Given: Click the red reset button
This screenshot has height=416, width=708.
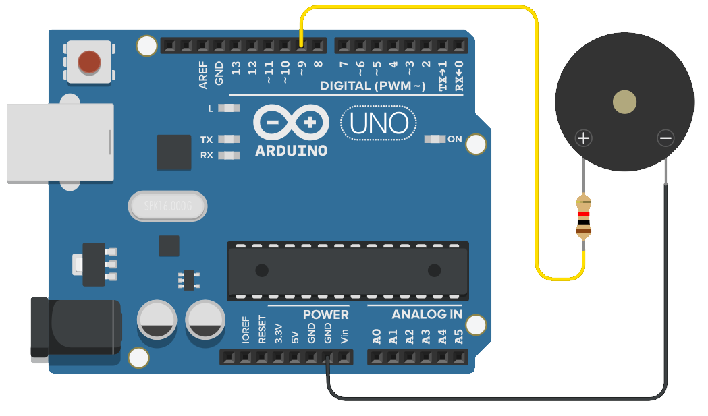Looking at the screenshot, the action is tap(89, 62).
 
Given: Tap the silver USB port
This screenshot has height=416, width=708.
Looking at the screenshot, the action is tap(61, 143).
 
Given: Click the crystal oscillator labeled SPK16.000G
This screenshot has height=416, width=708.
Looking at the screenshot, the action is tap(167, 206).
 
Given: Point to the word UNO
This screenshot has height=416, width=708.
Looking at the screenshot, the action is tap(379, 123).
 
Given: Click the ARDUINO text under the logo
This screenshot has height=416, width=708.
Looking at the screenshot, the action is tap(292, 151).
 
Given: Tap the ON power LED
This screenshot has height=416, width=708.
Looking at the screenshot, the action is tap(435, 139).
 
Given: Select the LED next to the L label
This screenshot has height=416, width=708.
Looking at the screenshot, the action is tap(229, 108).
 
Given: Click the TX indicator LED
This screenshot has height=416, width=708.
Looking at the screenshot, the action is tap(229, 139).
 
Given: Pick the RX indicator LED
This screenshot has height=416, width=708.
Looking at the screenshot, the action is tap(229, 155).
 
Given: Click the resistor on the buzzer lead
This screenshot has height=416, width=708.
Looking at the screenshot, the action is tap(584, 216).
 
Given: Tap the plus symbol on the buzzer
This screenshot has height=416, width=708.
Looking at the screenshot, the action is tap(584, 138).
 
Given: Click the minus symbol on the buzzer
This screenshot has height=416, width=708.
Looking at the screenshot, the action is tap(665, 138).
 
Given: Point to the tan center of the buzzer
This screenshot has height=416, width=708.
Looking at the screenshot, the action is tap(624, 102).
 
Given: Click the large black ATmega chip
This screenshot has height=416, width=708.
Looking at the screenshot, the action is tap(348, 271).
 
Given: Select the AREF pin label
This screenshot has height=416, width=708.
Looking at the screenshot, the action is tap(203, 75).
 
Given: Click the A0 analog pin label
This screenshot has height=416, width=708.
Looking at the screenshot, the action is tap(377, 336).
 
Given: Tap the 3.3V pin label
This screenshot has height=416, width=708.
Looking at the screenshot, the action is tap(279, 334).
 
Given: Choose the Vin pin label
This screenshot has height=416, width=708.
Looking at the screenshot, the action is tap(344, 336).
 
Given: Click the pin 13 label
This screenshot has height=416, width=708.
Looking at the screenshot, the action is tap(236, 68).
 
